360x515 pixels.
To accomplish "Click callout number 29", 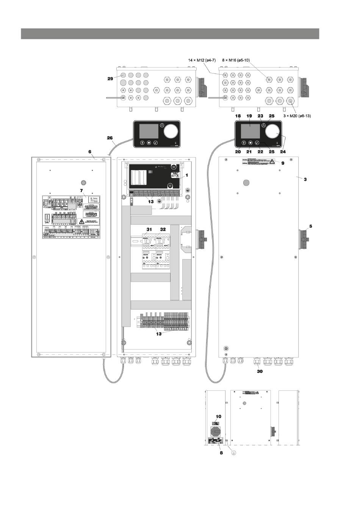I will (110, 79).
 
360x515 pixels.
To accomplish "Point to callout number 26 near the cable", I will (110, 138).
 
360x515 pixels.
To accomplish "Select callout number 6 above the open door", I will (90, 151).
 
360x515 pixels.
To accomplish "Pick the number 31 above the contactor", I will (149, 229).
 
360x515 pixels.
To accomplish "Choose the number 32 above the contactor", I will (163, 229).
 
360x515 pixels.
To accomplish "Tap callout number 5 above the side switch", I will (311, 226).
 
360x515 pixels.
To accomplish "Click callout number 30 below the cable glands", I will (259, 371).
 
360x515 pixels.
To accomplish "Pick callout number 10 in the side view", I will (218, 416).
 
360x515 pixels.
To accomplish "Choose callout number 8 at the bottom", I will (222, 453).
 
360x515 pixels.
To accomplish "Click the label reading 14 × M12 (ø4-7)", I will (202, 60).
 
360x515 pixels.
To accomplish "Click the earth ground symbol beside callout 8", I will (234, 453).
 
